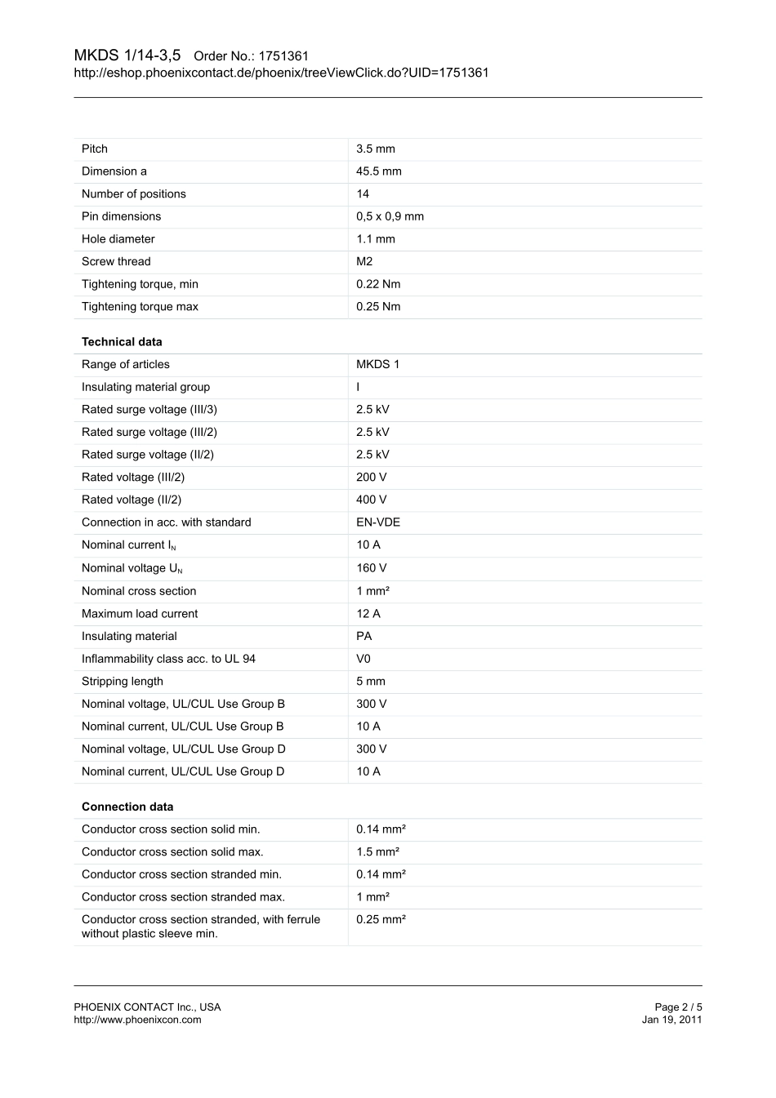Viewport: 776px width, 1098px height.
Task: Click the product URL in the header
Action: (x=281, y=73)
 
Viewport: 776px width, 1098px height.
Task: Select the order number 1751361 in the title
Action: (x=283, y=56)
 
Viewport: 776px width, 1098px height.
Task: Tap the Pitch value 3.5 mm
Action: (x=375, y=149)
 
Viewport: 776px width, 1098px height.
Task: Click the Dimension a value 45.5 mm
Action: (x=378, y=171)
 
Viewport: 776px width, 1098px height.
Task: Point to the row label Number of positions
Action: (x=133, y=193)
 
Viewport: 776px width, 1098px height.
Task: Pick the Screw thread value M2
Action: (x=364, y=261)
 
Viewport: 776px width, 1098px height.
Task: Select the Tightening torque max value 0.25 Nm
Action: (x=378, y=307)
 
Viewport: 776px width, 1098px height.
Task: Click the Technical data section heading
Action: (x=122, y=342)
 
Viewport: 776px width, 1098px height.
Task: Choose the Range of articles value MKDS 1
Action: (x=377, y=364)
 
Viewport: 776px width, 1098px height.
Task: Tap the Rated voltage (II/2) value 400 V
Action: (x=371, y=500)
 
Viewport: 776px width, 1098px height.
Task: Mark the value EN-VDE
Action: (x=378, y=522)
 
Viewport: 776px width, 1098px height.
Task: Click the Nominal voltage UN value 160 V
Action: (x=371, y=568)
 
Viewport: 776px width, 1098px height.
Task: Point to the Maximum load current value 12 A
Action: (x=368, y=614)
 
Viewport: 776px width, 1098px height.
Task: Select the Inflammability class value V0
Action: (x=363, y=659)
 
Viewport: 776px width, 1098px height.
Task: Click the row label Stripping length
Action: (x=122, y=682)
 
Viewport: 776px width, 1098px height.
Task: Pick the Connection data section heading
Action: (x=127, y=807)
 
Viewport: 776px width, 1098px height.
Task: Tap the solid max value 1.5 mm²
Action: (x=377, y=852)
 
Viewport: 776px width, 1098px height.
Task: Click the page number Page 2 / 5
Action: (x=678, y=1007)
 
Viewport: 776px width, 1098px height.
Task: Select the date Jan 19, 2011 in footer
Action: (x=671, y=1020)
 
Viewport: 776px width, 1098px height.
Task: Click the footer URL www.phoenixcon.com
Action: (x=137, y=1020)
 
